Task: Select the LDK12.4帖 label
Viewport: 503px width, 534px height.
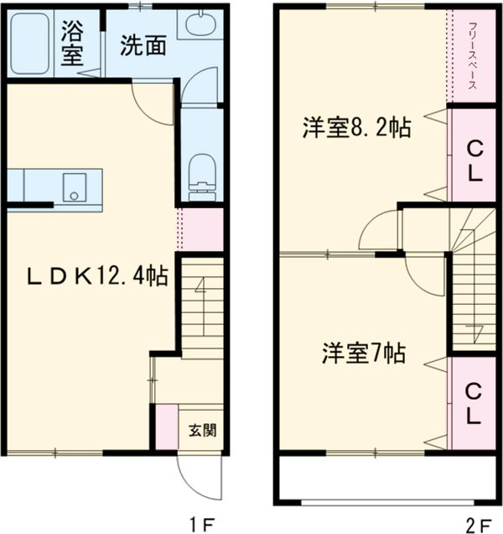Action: pos(96,274)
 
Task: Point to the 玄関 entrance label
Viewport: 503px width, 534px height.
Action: pos(201,431)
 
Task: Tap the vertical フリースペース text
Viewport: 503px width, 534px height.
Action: pos(472,55)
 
